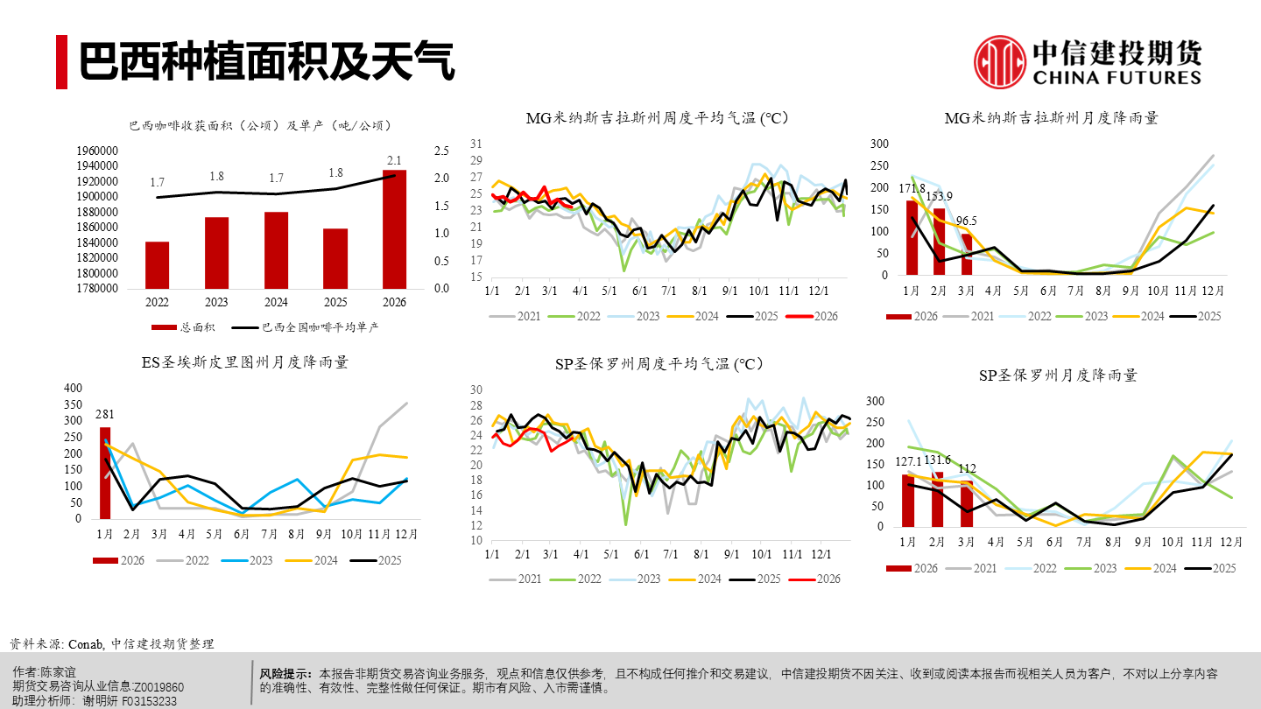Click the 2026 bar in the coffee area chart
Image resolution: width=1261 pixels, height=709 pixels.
tap(395, 229)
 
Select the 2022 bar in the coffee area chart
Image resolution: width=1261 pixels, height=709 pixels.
tap(158, 265)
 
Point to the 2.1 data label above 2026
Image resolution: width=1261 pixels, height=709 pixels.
tap(395, 160)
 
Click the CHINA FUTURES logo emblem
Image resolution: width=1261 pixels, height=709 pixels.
tap(1000, 62)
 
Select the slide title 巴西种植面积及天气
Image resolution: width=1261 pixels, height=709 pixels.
tap(267, 62)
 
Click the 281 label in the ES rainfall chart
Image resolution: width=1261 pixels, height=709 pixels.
tap(105, 414)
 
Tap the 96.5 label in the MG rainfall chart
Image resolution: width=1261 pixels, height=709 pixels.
tap(966, 221)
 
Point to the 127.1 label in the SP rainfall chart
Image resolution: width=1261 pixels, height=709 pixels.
tap(909, 461)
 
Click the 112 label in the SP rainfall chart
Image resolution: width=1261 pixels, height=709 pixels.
tap(966, 467)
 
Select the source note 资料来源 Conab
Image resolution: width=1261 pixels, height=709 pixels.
tap(111, 643)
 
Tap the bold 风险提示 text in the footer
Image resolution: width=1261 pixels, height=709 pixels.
tap(285, 674)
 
